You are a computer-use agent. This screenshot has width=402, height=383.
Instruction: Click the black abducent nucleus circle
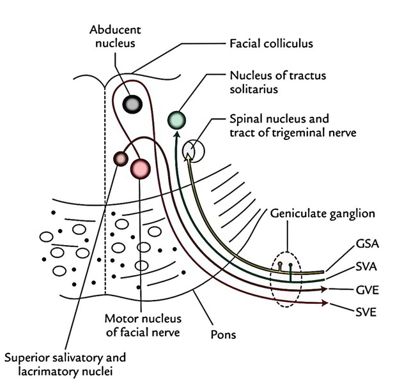132,104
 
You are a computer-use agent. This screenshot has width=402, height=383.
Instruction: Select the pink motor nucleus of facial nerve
140,169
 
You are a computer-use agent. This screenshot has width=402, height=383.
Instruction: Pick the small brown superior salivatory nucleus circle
120,158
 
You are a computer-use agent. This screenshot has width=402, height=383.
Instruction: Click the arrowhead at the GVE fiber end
326,290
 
